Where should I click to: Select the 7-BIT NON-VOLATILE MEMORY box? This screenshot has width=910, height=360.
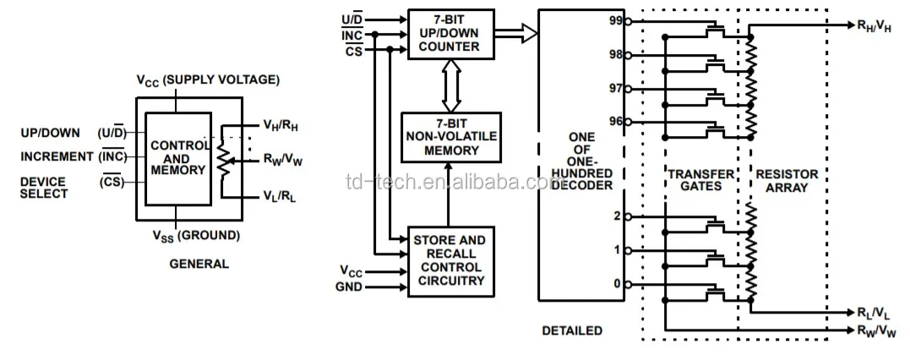449,136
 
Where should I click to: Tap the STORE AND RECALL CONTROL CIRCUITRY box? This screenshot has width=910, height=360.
449,260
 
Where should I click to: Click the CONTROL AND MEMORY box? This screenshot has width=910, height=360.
177,158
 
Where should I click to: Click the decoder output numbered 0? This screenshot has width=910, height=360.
617,284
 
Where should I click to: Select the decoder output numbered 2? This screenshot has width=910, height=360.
617,216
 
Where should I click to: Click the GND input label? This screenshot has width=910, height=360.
351,287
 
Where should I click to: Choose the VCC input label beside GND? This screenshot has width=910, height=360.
353,271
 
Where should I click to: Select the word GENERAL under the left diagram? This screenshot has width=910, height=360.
199,264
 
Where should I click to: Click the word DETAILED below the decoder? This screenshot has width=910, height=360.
572,330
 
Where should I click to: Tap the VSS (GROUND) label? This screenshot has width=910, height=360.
195,235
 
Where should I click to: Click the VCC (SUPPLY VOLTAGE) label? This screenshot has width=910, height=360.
207,79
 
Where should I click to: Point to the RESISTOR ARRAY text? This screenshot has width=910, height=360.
787,181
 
